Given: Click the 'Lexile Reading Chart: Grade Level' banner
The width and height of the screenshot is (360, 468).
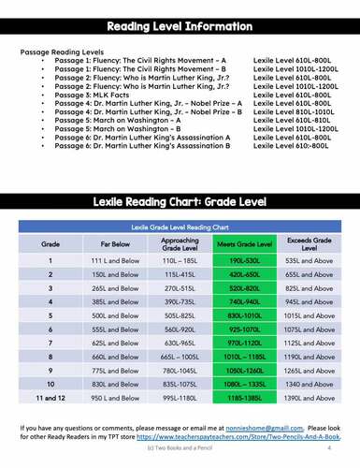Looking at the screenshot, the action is [180, 201].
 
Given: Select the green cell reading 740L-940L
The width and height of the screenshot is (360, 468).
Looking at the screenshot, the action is [243, 303].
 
